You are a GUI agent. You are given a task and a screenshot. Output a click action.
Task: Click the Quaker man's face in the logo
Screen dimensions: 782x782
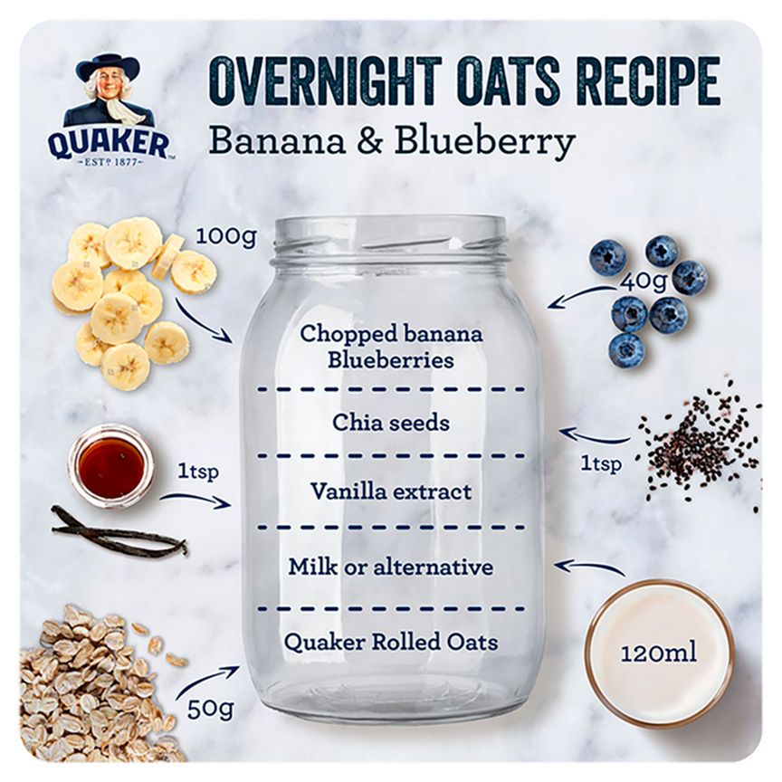[x=108, y=86]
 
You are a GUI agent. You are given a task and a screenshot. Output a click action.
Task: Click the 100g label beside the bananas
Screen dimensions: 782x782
[x=227, y=238]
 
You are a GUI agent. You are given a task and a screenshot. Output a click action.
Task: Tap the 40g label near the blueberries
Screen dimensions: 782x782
[x=644, y=281]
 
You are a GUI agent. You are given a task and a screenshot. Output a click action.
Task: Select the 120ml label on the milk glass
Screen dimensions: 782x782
[x=658, y=653]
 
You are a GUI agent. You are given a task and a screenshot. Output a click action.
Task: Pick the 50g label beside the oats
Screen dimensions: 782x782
[x=206, y=707]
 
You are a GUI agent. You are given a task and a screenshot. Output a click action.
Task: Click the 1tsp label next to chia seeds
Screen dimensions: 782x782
[x=600, y=464]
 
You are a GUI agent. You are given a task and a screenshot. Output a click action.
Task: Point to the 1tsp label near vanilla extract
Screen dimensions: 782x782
[x=197, y=472]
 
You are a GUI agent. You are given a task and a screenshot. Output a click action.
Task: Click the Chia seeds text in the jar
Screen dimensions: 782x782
[x=391, y=423]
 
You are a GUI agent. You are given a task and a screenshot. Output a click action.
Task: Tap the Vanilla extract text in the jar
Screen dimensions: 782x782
[x=391, y=491]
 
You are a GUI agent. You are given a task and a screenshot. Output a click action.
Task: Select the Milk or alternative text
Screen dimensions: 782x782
[x=391, y=567]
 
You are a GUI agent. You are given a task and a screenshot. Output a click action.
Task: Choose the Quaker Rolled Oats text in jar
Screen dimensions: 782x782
[x=391, y=643]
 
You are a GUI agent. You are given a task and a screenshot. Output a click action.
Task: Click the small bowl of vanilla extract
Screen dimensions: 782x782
[x=110, y=467]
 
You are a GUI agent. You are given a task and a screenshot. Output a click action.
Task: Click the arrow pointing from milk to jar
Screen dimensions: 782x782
[x=588, y=567]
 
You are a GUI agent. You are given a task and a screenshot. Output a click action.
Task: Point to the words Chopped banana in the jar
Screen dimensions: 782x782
[x=391, y=333]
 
